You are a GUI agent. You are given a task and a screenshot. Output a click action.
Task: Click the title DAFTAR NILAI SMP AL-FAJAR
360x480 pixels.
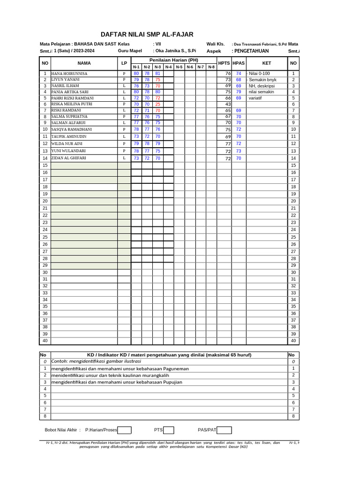147,35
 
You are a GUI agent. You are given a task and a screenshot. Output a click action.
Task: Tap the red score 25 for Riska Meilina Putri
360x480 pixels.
157,104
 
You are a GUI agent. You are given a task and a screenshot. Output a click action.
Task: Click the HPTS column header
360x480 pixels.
225,63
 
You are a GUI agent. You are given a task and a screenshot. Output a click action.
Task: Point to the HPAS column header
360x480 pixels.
239,63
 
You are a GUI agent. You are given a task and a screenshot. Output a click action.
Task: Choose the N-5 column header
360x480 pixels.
179,67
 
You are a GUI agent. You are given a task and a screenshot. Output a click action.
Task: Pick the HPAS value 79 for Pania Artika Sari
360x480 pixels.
239,92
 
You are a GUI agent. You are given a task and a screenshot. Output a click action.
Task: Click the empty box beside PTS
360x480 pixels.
169,430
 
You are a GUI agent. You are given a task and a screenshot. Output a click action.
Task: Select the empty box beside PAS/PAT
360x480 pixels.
224,430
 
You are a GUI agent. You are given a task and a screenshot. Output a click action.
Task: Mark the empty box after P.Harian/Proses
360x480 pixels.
125,430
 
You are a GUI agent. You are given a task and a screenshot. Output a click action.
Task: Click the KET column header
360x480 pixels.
266,63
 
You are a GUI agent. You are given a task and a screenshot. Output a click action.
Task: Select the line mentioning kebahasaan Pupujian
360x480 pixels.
117,382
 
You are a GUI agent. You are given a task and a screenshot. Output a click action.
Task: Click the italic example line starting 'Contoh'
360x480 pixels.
96,361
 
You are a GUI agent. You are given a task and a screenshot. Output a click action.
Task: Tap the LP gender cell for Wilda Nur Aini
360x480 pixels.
124,143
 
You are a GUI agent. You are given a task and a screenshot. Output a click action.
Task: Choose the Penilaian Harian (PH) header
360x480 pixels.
173,60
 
